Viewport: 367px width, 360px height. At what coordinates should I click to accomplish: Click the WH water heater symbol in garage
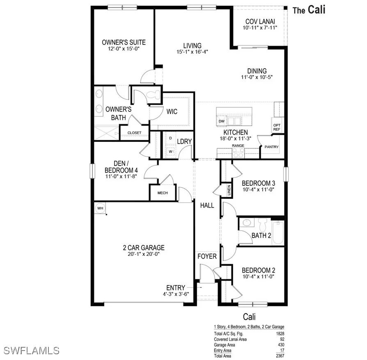pyautogui.click(x=100, y=208)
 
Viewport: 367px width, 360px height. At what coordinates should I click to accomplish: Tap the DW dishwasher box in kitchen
pyautogui.click(x=221, y=121)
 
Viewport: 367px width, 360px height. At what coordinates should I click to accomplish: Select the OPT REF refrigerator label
pyautogui.click(x=277, y=127)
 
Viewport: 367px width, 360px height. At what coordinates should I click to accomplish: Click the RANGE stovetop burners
pyautogui.click(x=238, y=153)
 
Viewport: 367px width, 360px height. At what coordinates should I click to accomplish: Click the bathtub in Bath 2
pyautogui.click(x=278, y=233)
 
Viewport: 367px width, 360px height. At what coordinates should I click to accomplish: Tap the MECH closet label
pyautogui.click(x=163, y=193)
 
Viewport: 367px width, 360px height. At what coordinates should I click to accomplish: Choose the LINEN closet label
pyautogui.click(x=229, y=190)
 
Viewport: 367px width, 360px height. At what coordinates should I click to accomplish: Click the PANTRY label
pyautogui.click(x=271, y=147)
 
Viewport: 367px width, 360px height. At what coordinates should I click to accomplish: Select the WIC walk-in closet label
pyautogui.click(x=172, y=112)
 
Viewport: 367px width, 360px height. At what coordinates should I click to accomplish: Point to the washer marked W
pyautogui.click(x=170, y=151)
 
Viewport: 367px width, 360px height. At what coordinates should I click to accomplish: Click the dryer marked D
pyautogui.click(x=170, y=138)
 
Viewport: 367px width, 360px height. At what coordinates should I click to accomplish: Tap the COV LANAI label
pyautogui.click(x=260, y=21)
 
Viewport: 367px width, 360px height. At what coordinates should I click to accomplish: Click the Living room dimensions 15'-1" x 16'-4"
pyautogui.click(x=192, y=52)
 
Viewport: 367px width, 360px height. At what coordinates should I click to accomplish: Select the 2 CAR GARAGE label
pyautogui.click(x=144, y=248)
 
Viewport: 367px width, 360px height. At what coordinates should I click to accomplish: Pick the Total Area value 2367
pyautogui.click(x=280, y=356)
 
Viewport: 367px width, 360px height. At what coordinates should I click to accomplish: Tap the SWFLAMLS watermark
pyautogui.click(x=31, y=351)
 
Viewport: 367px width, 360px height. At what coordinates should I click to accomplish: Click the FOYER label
pyautogui.click(x=207, y=256)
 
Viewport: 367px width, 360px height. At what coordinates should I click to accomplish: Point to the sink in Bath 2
pyautogui.click(x=247, y=223)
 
